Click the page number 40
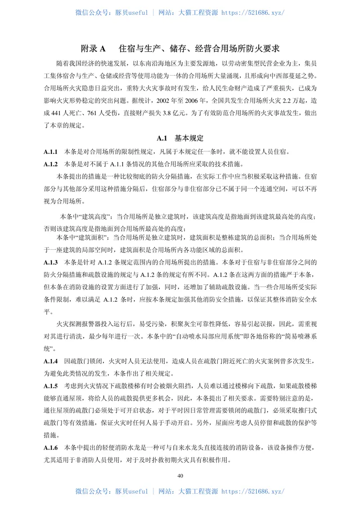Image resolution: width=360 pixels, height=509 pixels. (x=180, y=476)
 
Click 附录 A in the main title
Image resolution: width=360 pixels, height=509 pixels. (x=93, y=49)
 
